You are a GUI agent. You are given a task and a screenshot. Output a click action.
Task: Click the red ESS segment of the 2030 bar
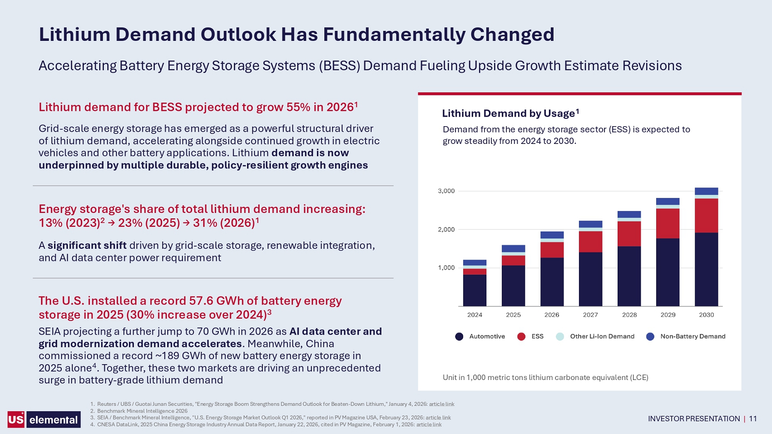click(706, 216)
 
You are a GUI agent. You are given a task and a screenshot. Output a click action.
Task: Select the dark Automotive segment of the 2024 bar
click(475, 291)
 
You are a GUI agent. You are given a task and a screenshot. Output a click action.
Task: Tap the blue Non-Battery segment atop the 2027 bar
click(590, 224)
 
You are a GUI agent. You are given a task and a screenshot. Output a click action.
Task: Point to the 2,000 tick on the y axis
click(446, 229)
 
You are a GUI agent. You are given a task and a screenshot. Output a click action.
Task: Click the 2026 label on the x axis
click(552, 315)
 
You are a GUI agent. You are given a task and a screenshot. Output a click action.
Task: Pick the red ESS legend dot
click(521, 336)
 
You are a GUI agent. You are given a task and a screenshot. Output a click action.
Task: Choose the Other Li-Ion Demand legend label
click(602, 336)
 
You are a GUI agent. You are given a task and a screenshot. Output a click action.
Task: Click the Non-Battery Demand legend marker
click(650, 336)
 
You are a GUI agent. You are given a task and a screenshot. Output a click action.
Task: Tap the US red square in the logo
click(16, 419)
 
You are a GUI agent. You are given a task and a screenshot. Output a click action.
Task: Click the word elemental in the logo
click(54, 419)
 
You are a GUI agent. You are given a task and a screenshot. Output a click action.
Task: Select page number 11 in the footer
click(753, 419)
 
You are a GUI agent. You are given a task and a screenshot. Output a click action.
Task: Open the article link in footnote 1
click(441, 404)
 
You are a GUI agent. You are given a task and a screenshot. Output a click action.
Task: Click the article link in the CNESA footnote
click(429, 424)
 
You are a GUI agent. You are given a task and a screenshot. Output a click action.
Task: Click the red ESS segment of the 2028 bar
click(629, 234)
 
